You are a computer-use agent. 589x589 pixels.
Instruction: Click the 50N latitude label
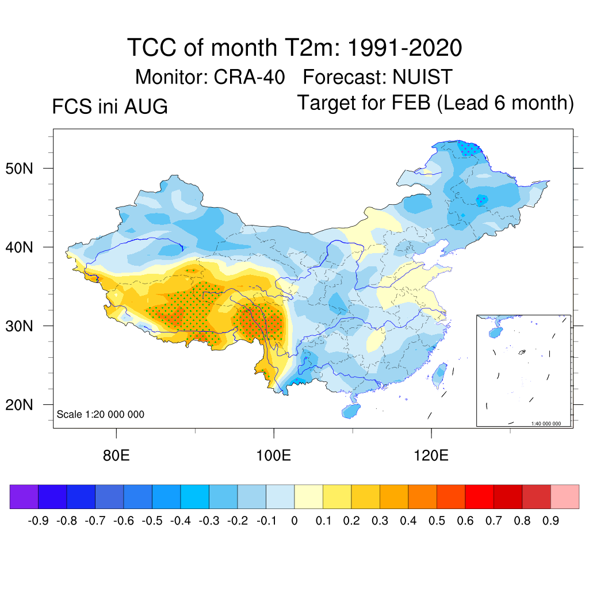[x=19, y=169]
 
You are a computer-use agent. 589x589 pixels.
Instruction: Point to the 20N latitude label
[x=19, y=405]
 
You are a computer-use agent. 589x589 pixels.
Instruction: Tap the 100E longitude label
[x=273, y=456]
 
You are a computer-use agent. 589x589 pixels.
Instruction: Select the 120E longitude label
[x=431, y=456]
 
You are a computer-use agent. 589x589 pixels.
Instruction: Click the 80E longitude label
[x=116, y=456]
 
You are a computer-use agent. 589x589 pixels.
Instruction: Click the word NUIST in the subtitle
[x=422, y=77]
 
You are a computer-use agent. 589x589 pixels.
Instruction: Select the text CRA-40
[x=250, y=77]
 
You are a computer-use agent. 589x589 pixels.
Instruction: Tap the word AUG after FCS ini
[x=146, y=106]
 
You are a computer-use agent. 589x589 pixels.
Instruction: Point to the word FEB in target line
[x=411, y=102]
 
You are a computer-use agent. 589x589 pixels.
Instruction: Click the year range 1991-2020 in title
[x=404, y=48]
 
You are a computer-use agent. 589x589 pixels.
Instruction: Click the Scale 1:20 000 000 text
[x=100, y=414]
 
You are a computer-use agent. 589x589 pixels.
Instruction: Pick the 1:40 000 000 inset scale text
[x=546, y=423]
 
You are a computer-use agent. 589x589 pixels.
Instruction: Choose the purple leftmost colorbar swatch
[x=24, y=496]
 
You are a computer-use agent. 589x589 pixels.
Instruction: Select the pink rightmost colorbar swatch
[x=565, y=496]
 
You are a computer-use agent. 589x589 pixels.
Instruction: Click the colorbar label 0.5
[x=437, y=521]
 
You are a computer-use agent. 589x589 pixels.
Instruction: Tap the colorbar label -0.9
[x=39, y=521]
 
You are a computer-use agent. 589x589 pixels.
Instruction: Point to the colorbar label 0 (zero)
[x=294, y=521]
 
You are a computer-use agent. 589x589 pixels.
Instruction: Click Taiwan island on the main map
[x=439, y=375]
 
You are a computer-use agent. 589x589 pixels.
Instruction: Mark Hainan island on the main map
[x=351, y=411]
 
